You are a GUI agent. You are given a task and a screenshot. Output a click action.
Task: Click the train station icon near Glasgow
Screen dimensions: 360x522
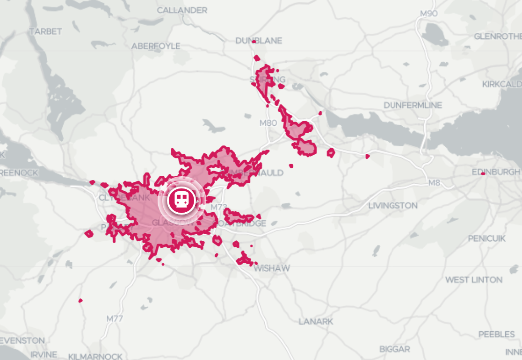(181, 200)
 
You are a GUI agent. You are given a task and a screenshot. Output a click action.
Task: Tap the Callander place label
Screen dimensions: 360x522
(182, 10)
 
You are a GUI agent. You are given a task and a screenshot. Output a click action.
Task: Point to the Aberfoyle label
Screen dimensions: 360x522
(156, 46)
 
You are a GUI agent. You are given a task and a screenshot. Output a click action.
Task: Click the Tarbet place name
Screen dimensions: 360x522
(45, 31)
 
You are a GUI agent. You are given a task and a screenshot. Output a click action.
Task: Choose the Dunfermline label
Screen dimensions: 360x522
(413, 105)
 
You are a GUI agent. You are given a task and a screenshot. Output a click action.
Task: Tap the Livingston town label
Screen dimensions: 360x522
(392, 205)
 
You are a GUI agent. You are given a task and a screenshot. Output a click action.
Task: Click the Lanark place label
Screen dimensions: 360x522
(316, 322)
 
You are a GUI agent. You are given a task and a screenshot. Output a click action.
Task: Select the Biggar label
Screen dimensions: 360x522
(394, 349)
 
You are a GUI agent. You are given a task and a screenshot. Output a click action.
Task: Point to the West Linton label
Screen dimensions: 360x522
(473, 280)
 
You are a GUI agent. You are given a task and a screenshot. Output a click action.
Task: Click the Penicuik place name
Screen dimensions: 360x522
(486, 238)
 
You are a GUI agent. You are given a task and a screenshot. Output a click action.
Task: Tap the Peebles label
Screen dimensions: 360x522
(496, 334)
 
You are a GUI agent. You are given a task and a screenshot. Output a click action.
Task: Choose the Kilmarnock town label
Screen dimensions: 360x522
(95, 356)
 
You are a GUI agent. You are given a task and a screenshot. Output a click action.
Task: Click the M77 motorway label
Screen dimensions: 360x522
(115, 319)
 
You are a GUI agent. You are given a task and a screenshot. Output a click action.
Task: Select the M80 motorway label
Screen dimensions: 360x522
(268, 123)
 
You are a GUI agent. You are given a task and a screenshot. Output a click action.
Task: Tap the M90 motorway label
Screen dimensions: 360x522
(428, 14)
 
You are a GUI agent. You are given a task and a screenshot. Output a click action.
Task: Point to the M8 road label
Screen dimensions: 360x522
(435, 183)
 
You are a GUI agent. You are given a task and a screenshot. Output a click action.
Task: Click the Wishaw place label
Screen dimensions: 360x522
(271, 268)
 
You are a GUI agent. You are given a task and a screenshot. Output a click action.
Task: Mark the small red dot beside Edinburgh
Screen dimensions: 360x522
(483, 173)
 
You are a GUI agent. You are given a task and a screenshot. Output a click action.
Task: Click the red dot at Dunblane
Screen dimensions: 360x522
(254, 42)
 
